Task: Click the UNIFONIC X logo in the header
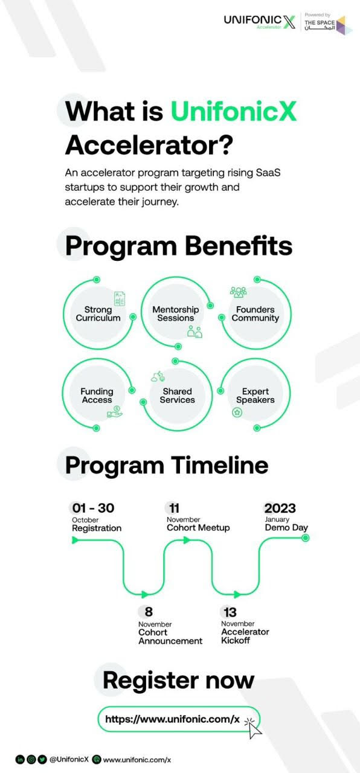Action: click(x=260, y=22)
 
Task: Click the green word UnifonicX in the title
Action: click(x=234, y=111)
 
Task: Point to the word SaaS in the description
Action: click(x=268, y=172)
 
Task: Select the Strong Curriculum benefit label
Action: click(x=98, y=313)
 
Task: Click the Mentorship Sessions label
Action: click(x=176, y=313)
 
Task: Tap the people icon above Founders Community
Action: click(x=239, y=292)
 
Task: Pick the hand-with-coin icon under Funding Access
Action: click(x=115, y=412)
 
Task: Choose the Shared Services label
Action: click(x=177, y=396)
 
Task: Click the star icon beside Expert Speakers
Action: click(x=237, y=412)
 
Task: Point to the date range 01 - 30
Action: click(x=93, y=508)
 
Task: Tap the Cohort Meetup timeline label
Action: click(x=198, y=528)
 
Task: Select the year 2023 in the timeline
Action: click(x=280, y=508)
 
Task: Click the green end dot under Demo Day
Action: click(x=306, y=538)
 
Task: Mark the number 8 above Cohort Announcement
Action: click(x=149, y=612)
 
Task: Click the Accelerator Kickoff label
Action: click(x=245, y=636)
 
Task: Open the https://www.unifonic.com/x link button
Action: click(x=178, y=719)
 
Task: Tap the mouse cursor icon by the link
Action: click(x=254, y=728)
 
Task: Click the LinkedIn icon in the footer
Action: click(x=20, y=760)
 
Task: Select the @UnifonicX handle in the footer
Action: click(x=69, y=760)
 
